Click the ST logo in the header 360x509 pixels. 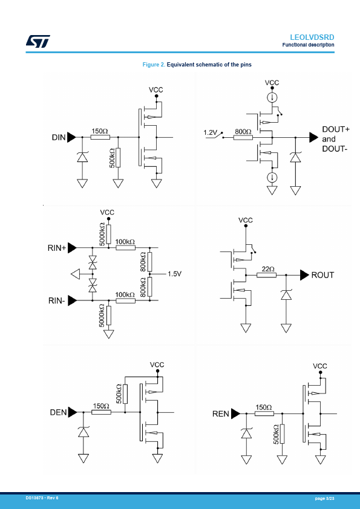[x=38, y=41]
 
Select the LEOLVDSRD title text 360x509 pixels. [x=312, y=37]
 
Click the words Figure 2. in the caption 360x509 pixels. [x=154, y=65]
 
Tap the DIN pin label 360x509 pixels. [x=59, y=137]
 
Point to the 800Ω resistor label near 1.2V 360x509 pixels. [x=243, y=131]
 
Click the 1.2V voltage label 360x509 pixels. [x=210, y=132]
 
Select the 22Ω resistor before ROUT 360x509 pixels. [x=266, y=275]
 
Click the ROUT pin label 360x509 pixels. [x=322, y=275]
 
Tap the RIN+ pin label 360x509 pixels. [x=57, y=248]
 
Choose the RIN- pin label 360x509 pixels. [x=56, y=300]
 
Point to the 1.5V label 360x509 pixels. [x=174, y=274]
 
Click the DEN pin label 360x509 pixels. [x=59, y=412]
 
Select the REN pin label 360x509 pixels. [x=221, y=414]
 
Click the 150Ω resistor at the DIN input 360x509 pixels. [x=100, y=137]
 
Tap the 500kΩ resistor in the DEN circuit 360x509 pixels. [x=125, y=394]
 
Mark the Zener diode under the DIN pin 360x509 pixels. [x=82, y=157]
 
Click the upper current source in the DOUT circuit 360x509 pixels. [x=272, y=97]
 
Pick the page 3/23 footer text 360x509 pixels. [x=324, y=498]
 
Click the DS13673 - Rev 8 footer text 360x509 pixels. [x=42, y=498]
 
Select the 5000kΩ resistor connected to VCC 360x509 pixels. [x=108, y=234]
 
